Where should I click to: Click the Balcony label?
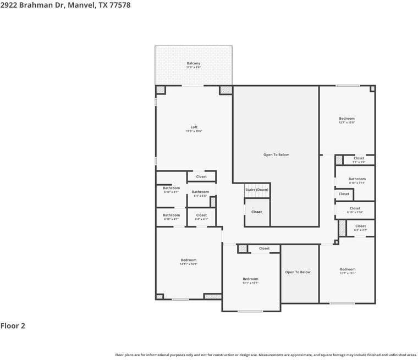tap(194, 64)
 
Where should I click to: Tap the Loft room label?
tap(194, 128)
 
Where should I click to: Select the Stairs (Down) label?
tap(257, 190)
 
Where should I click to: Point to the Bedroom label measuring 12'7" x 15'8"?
tap(346, 119)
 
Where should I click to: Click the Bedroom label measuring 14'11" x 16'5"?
tap(188, 260)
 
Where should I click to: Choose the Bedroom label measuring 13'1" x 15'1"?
tap(250, 279)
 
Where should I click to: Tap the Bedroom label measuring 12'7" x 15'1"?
tap(348, 269)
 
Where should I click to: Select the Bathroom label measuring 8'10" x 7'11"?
tap(357, 179)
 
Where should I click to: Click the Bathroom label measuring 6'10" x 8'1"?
tap(171, 188)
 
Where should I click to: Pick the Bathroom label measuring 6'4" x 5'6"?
tap(200, 192)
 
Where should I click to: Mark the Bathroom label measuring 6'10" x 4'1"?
tap(171, 215)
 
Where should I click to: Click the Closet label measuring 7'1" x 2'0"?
tap(359, 158)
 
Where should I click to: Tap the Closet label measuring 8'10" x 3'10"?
tap(355, 208)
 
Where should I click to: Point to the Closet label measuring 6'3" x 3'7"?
tap(360, 226)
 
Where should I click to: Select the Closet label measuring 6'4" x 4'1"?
tap(201, 215)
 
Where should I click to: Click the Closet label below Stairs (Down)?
tap(257, 212)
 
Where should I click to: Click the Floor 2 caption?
tap(13, 326)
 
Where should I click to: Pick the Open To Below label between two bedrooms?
tap(298, 272)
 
